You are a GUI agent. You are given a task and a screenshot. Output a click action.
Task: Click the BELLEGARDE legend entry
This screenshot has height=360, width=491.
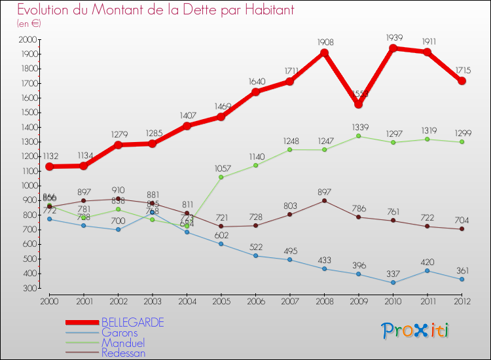coord(132,323)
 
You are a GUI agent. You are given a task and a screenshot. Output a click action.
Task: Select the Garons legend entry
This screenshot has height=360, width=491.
coord(119,333)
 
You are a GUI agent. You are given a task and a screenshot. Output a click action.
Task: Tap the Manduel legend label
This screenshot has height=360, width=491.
coord(123,343)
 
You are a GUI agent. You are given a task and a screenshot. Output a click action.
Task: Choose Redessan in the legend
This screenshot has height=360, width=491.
coord(124,353)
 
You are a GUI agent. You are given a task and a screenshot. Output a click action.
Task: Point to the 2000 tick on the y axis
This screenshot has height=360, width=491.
coord(28,40)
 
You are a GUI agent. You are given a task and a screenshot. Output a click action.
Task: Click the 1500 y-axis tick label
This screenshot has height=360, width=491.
coord(28,113)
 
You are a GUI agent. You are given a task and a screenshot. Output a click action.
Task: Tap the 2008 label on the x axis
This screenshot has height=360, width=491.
coord(323,301)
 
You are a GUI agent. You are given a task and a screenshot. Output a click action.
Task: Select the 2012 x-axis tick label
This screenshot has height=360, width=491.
coord(462,301)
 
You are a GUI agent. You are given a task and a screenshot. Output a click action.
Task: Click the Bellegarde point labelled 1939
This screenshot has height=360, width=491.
coord(393,48)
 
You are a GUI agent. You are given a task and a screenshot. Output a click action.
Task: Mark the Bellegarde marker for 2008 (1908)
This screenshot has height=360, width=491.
coord(323,53)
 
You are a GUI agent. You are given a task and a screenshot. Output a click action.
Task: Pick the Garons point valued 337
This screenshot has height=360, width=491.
coord(393,283)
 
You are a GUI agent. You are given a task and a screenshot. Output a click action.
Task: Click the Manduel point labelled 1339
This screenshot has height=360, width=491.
coord(358,136)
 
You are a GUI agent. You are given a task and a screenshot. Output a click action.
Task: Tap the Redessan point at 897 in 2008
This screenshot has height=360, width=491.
coord(323,200)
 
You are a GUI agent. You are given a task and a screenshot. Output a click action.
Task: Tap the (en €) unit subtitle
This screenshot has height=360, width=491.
coord(29,24)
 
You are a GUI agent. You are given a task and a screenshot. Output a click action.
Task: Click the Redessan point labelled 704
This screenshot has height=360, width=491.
coord(462,229)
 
